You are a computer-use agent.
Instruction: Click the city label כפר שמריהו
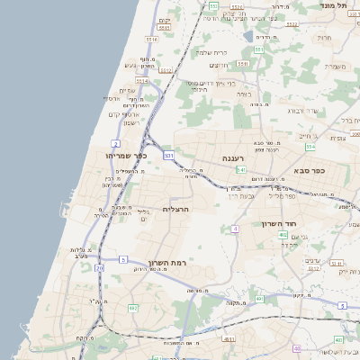[125, 156]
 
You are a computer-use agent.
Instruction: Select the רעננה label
[241, 157]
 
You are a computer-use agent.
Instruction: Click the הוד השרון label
[279, 223]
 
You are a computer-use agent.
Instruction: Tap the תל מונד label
[334, 5]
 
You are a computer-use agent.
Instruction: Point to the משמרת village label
[335, 66]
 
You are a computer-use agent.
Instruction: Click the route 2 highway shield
[115, 143]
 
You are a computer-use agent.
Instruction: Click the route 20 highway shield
[99, 267]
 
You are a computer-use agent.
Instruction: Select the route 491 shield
[259, 297]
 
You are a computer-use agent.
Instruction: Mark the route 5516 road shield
[151, 40]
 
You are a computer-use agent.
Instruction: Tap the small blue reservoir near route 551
[247, 36]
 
